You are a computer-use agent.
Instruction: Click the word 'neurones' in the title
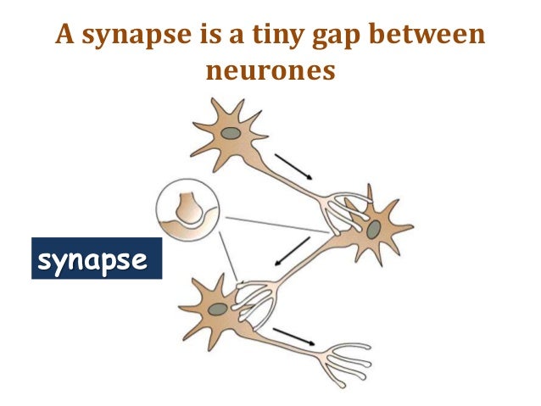271,71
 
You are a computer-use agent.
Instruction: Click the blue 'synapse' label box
96,259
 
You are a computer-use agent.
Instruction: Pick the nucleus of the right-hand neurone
374,229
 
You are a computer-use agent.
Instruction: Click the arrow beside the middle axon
296,249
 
